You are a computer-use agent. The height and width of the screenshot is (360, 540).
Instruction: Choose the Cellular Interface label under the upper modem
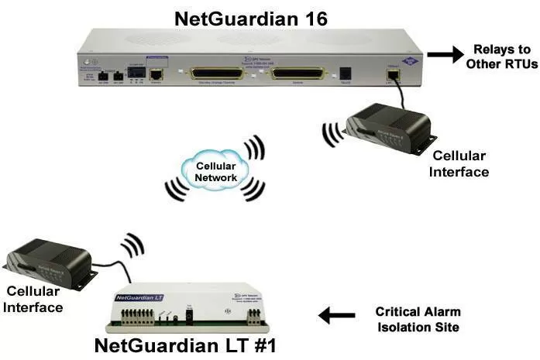461,164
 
